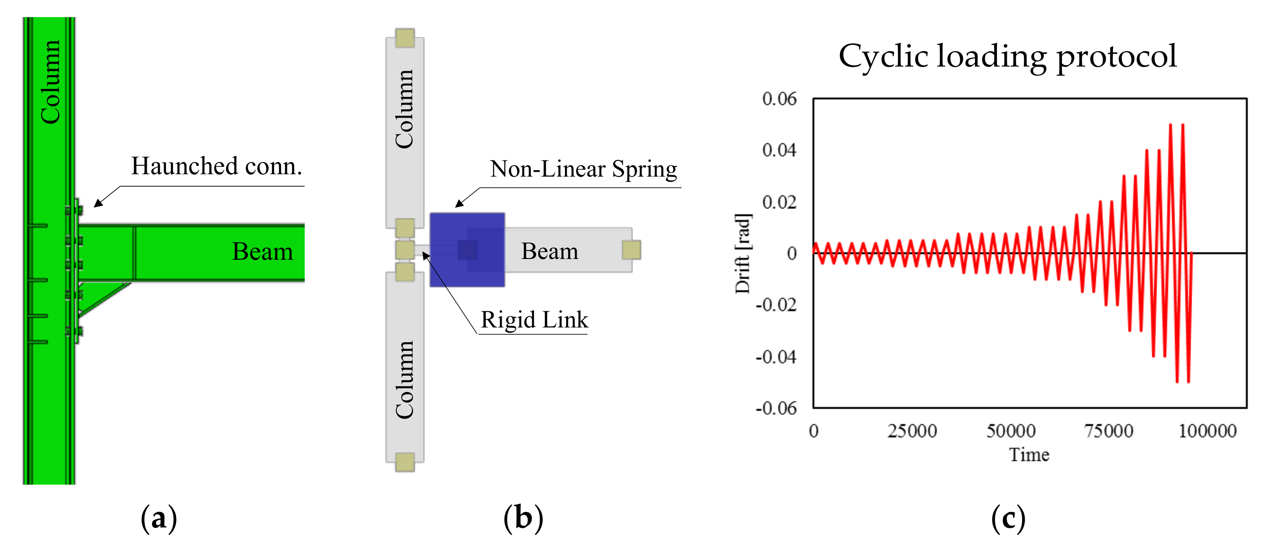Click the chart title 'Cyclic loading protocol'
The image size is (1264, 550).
coord(1007,57)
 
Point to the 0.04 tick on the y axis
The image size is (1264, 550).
coord(779,150)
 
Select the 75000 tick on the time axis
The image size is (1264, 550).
coord(1109,431)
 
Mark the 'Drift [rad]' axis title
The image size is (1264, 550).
coord(743,253)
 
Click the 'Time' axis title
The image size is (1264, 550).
coord(1029,454)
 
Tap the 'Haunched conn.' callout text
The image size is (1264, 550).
coord(216,166)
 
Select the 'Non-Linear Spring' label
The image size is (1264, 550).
coord(584,169)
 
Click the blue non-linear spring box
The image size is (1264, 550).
coord(467,249)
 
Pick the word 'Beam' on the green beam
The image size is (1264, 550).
coord(263,251)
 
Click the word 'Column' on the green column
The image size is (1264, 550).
coord(50,82)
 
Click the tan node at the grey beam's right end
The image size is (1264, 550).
coord(631,249)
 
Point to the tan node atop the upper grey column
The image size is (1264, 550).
coord(405,38)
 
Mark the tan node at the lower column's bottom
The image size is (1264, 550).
coord(405,462)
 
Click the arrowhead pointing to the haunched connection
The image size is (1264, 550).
coord(98,204)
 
